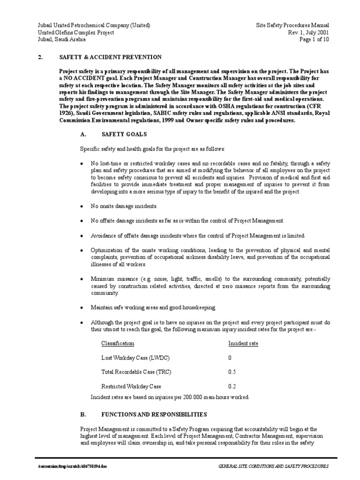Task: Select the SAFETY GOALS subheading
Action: [x=124, y=134]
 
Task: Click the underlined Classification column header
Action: [x=118, y=344]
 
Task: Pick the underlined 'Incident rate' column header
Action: [x=243, y=344]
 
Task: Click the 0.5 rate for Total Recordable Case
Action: [x=232, y=372]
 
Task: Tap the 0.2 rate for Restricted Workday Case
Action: [x=232, y=387]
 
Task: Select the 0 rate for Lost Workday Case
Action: [x=230, y=358]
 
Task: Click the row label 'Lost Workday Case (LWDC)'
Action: [x=135, y=358]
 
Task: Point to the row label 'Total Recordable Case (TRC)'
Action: [x=136, y=372]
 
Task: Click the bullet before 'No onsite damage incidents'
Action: [x=82, y=206]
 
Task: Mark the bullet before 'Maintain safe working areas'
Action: [x=82, y=307]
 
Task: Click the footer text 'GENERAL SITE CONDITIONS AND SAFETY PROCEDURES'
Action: [x=274, y=467]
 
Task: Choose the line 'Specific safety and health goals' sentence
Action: [x=152, y=149]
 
